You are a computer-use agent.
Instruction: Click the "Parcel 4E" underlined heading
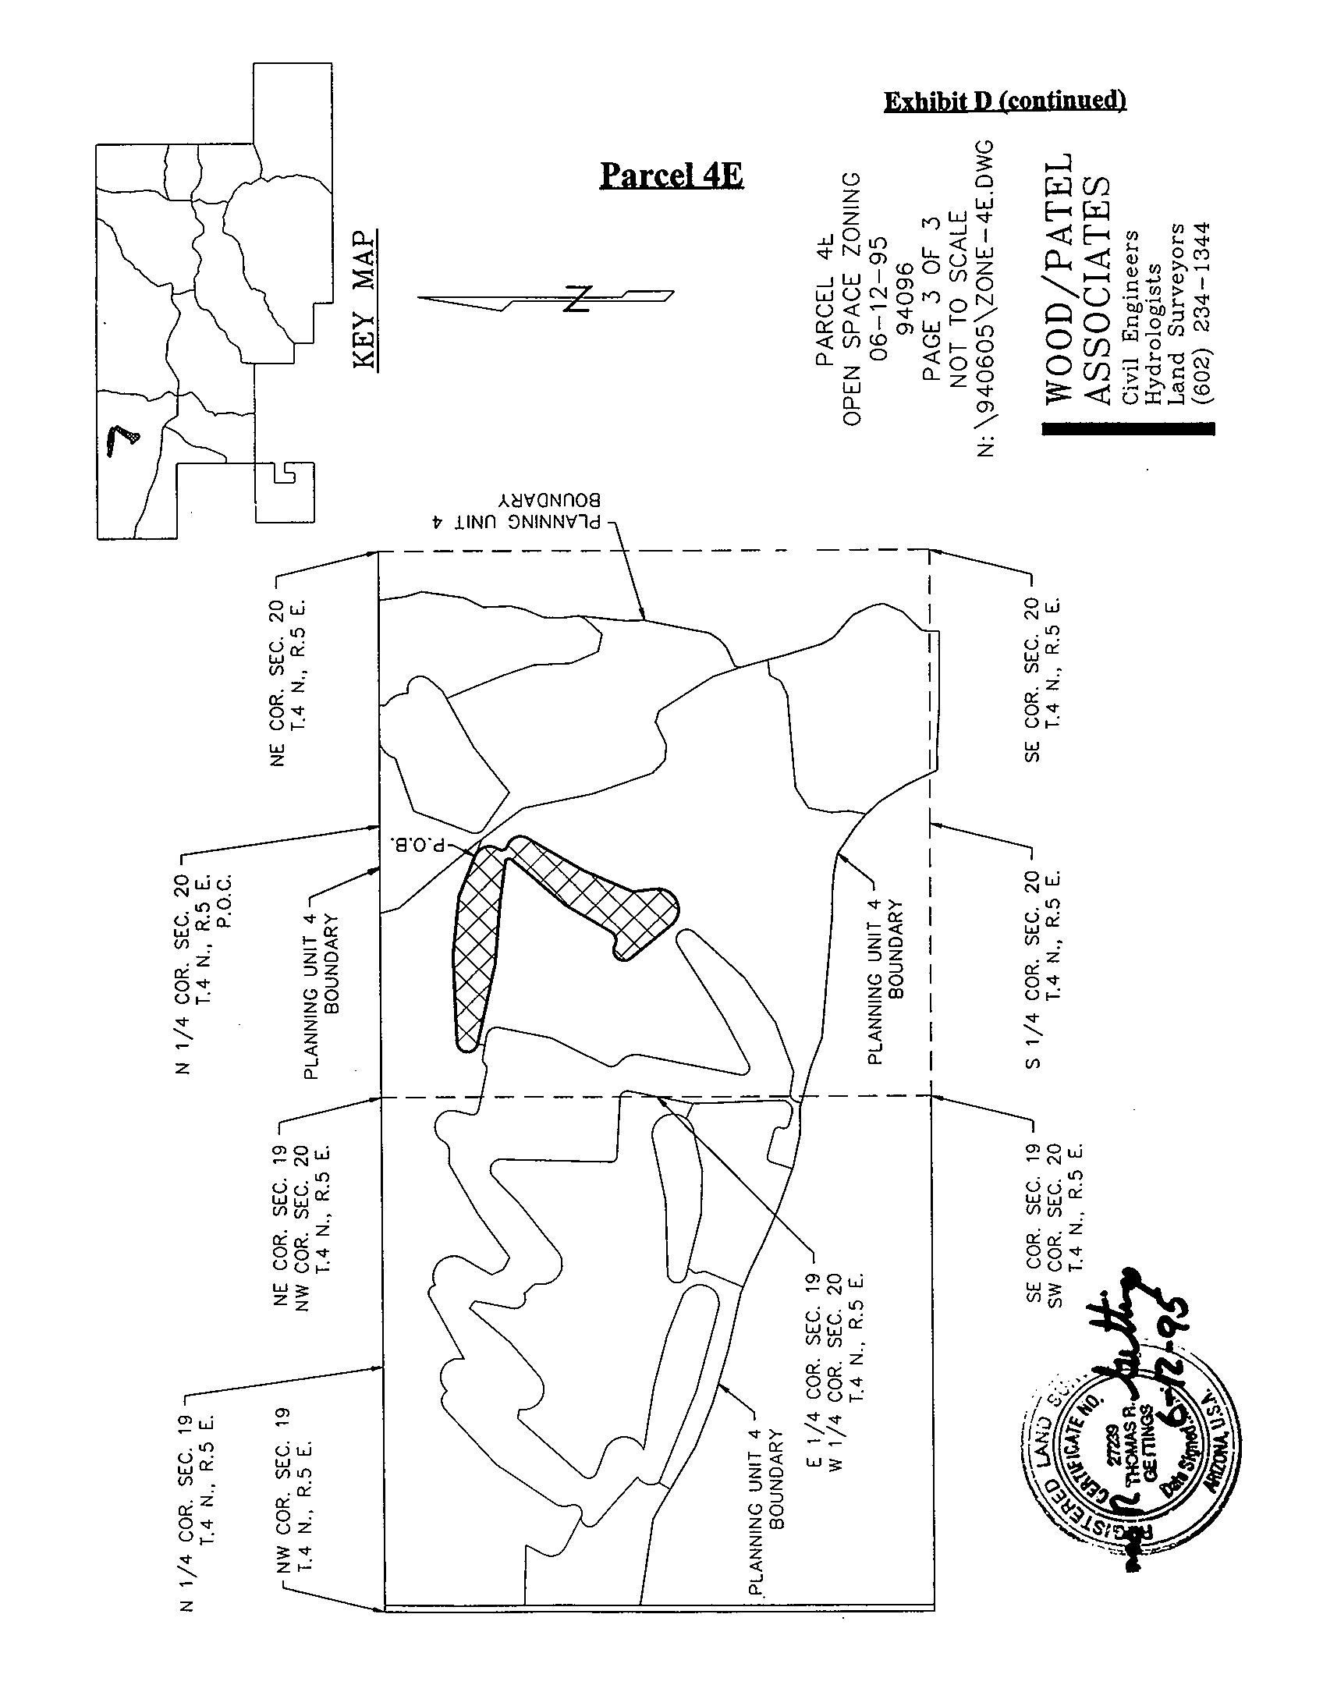pyautogui.click(x=671, y=176)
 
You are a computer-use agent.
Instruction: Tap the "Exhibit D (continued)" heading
pyautogui.click(x=1005, y=101)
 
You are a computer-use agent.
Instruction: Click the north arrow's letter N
pyautogui.click(x=576, y=299)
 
